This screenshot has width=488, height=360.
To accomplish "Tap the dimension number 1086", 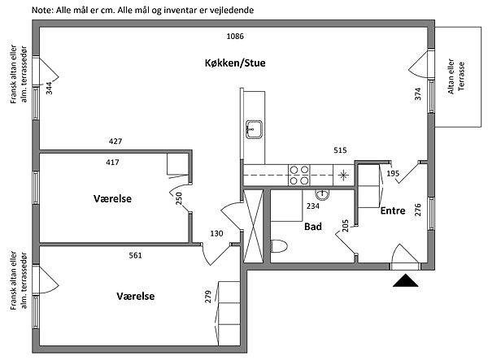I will (235, 37).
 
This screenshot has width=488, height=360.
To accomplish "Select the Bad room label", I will (313, 227).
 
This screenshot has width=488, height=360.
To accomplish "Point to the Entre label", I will (394, 210).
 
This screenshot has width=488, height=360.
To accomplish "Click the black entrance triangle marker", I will (404, 280).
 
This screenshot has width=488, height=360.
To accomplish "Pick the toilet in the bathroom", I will (279, 247).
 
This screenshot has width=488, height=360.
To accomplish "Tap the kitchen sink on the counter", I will (254, 128).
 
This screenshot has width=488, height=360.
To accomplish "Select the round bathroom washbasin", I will (322, 194).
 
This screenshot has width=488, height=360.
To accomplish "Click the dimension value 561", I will (135, 255).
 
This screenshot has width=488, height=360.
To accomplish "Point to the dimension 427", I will (115, 141).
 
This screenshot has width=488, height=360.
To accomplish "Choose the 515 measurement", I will (340, 150).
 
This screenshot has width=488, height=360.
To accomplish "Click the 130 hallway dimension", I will (217, 233).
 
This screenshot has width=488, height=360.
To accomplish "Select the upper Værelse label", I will (112, 198).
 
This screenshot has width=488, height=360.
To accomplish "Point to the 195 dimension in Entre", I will (393, 174).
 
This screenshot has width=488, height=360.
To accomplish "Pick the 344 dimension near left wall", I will (49, 88).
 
